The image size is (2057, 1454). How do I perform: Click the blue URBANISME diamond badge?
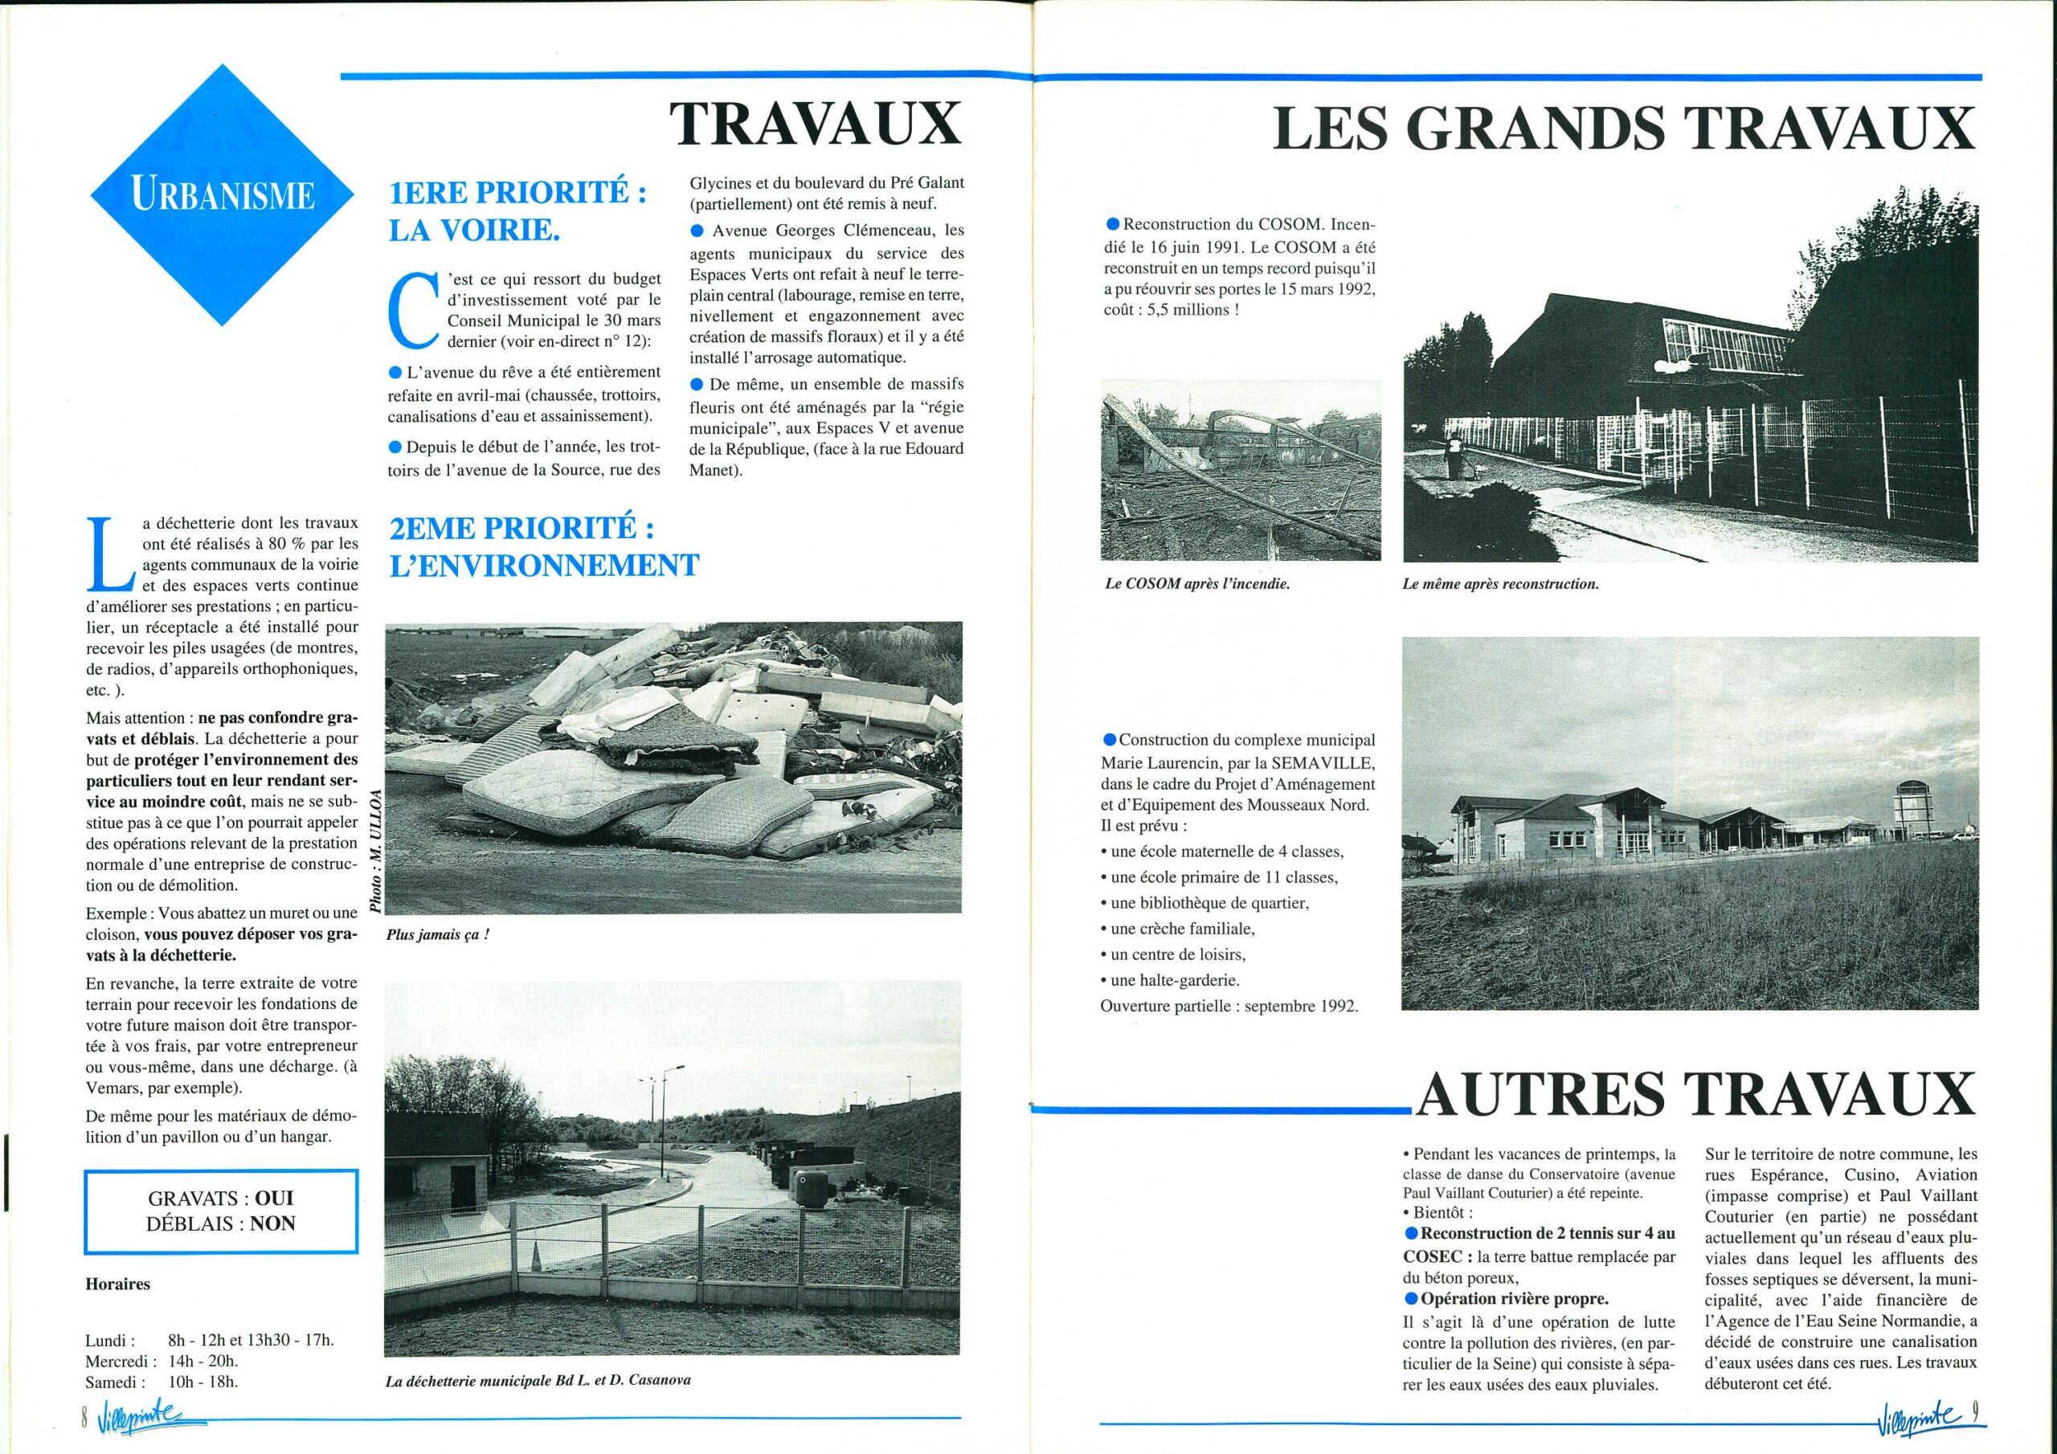(x=223, y=194)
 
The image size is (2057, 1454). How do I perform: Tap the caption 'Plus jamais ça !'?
(x=438, y=934)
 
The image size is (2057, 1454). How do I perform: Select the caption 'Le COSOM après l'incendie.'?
(x=1197, y=583)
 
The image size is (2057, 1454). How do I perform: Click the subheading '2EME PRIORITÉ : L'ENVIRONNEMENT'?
(x=543, y=546)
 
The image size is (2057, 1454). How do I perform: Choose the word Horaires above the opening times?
(x=117, y=1284)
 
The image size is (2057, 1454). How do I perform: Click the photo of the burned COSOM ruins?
(x=1240, y=469)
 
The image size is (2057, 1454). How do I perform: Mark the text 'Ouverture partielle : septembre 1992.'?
(x=1229, y=1005)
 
